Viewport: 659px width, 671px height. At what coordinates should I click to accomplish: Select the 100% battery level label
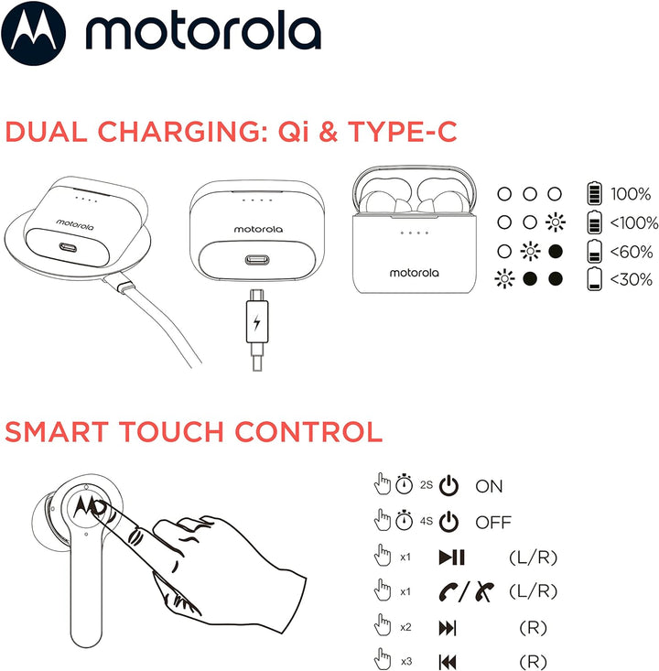point(632,195)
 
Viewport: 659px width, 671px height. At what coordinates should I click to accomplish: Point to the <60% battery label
point(631,252)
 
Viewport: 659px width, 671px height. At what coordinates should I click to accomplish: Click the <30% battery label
point(631,280)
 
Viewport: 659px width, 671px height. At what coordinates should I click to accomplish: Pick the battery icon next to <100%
point(594,222)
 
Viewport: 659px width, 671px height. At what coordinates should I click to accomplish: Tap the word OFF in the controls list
point(492,523)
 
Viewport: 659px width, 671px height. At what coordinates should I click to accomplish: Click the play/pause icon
point(451,557)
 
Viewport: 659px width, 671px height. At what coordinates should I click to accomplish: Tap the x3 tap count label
point(405,661)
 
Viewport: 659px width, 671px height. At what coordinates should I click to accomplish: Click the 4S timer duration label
point(426,521)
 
